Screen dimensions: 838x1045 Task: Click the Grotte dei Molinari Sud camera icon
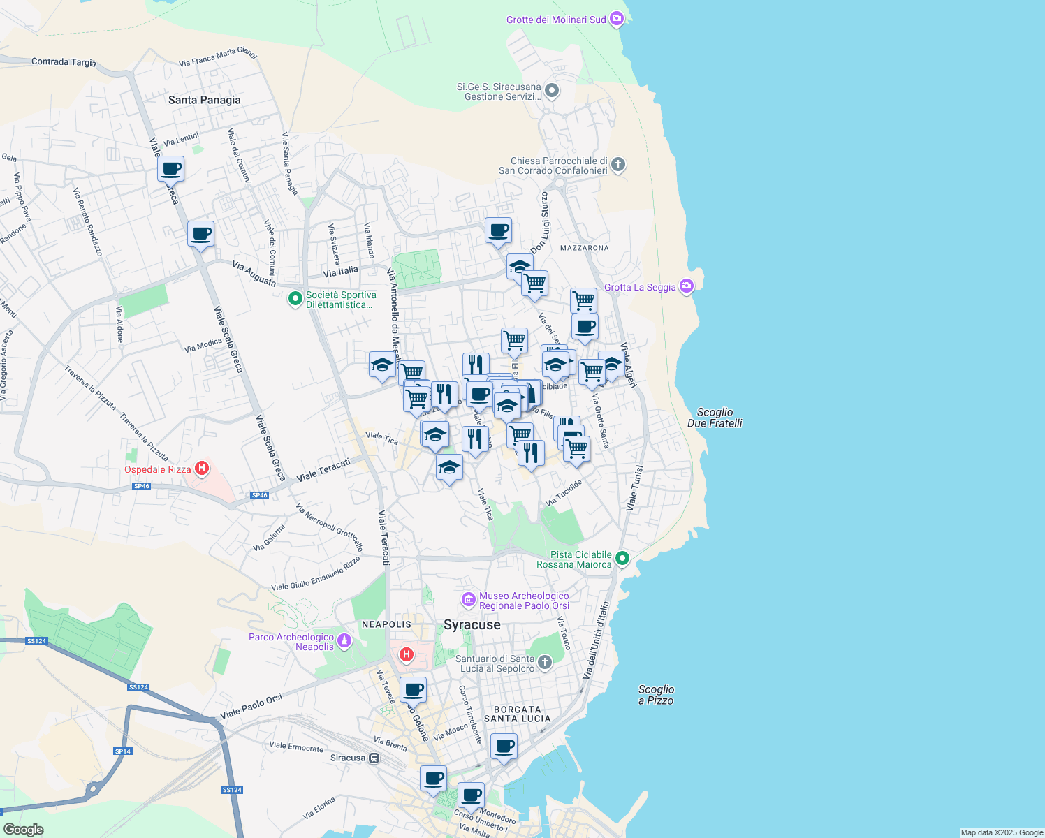pyautogui.click(x=616, y=19)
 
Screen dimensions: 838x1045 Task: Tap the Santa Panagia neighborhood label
pyautogui.click(x=204, y=100)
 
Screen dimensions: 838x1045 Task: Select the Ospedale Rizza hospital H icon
pyautogui.click(x=202, y=468)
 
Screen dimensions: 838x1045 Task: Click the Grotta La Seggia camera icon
pyautogui.click(x=687, y=286)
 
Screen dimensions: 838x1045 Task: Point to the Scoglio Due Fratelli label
pyautogui.click(x=715, y=418)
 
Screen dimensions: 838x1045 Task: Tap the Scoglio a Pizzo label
pyautogui.click(x=656, y=695)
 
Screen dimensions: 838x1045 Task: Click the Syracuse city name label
pyautogui.click(x=472, y=624)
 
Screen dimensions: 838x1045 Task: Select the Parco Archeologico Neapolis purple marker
pyautogui.click(x=344, y=640)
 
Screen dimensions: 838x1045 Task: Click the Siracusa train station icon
pyautogui.click(x=374, y=758)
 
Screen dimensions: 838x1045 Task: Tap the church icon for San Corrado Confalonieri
pyautogui.click(x=617, y=165)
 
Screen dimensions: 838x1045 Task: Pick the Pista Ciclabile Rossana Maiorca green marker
pyautogui.click(x=622, y=558)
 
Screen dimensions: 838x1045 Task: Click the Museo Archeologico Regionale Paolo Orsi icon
pyautogui.click(x=468, y=600)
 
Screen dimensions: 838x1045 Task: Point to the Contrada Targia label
pyautogui.click(x=64, y=61)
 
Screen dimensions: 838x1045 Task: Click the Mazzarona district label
pyautogui.click(x=584, y=248)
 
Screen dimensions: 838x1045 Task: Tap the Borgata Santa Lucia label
pyautogui.click(x=517, y=714)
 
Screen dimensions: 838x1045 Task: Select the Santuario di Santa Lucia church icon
pyautogui.click(x=544, y=662)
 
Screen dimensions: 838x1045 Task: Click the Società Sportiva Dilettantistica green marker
pyautogui.click(x=295, y=299)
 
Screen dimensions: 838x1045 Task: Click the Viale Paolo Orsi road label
pyautogui.click(x=251, y=706)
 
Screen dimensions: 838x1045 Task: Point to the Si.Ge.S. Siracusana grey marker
pyautogui.click(x=552, y=91)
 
